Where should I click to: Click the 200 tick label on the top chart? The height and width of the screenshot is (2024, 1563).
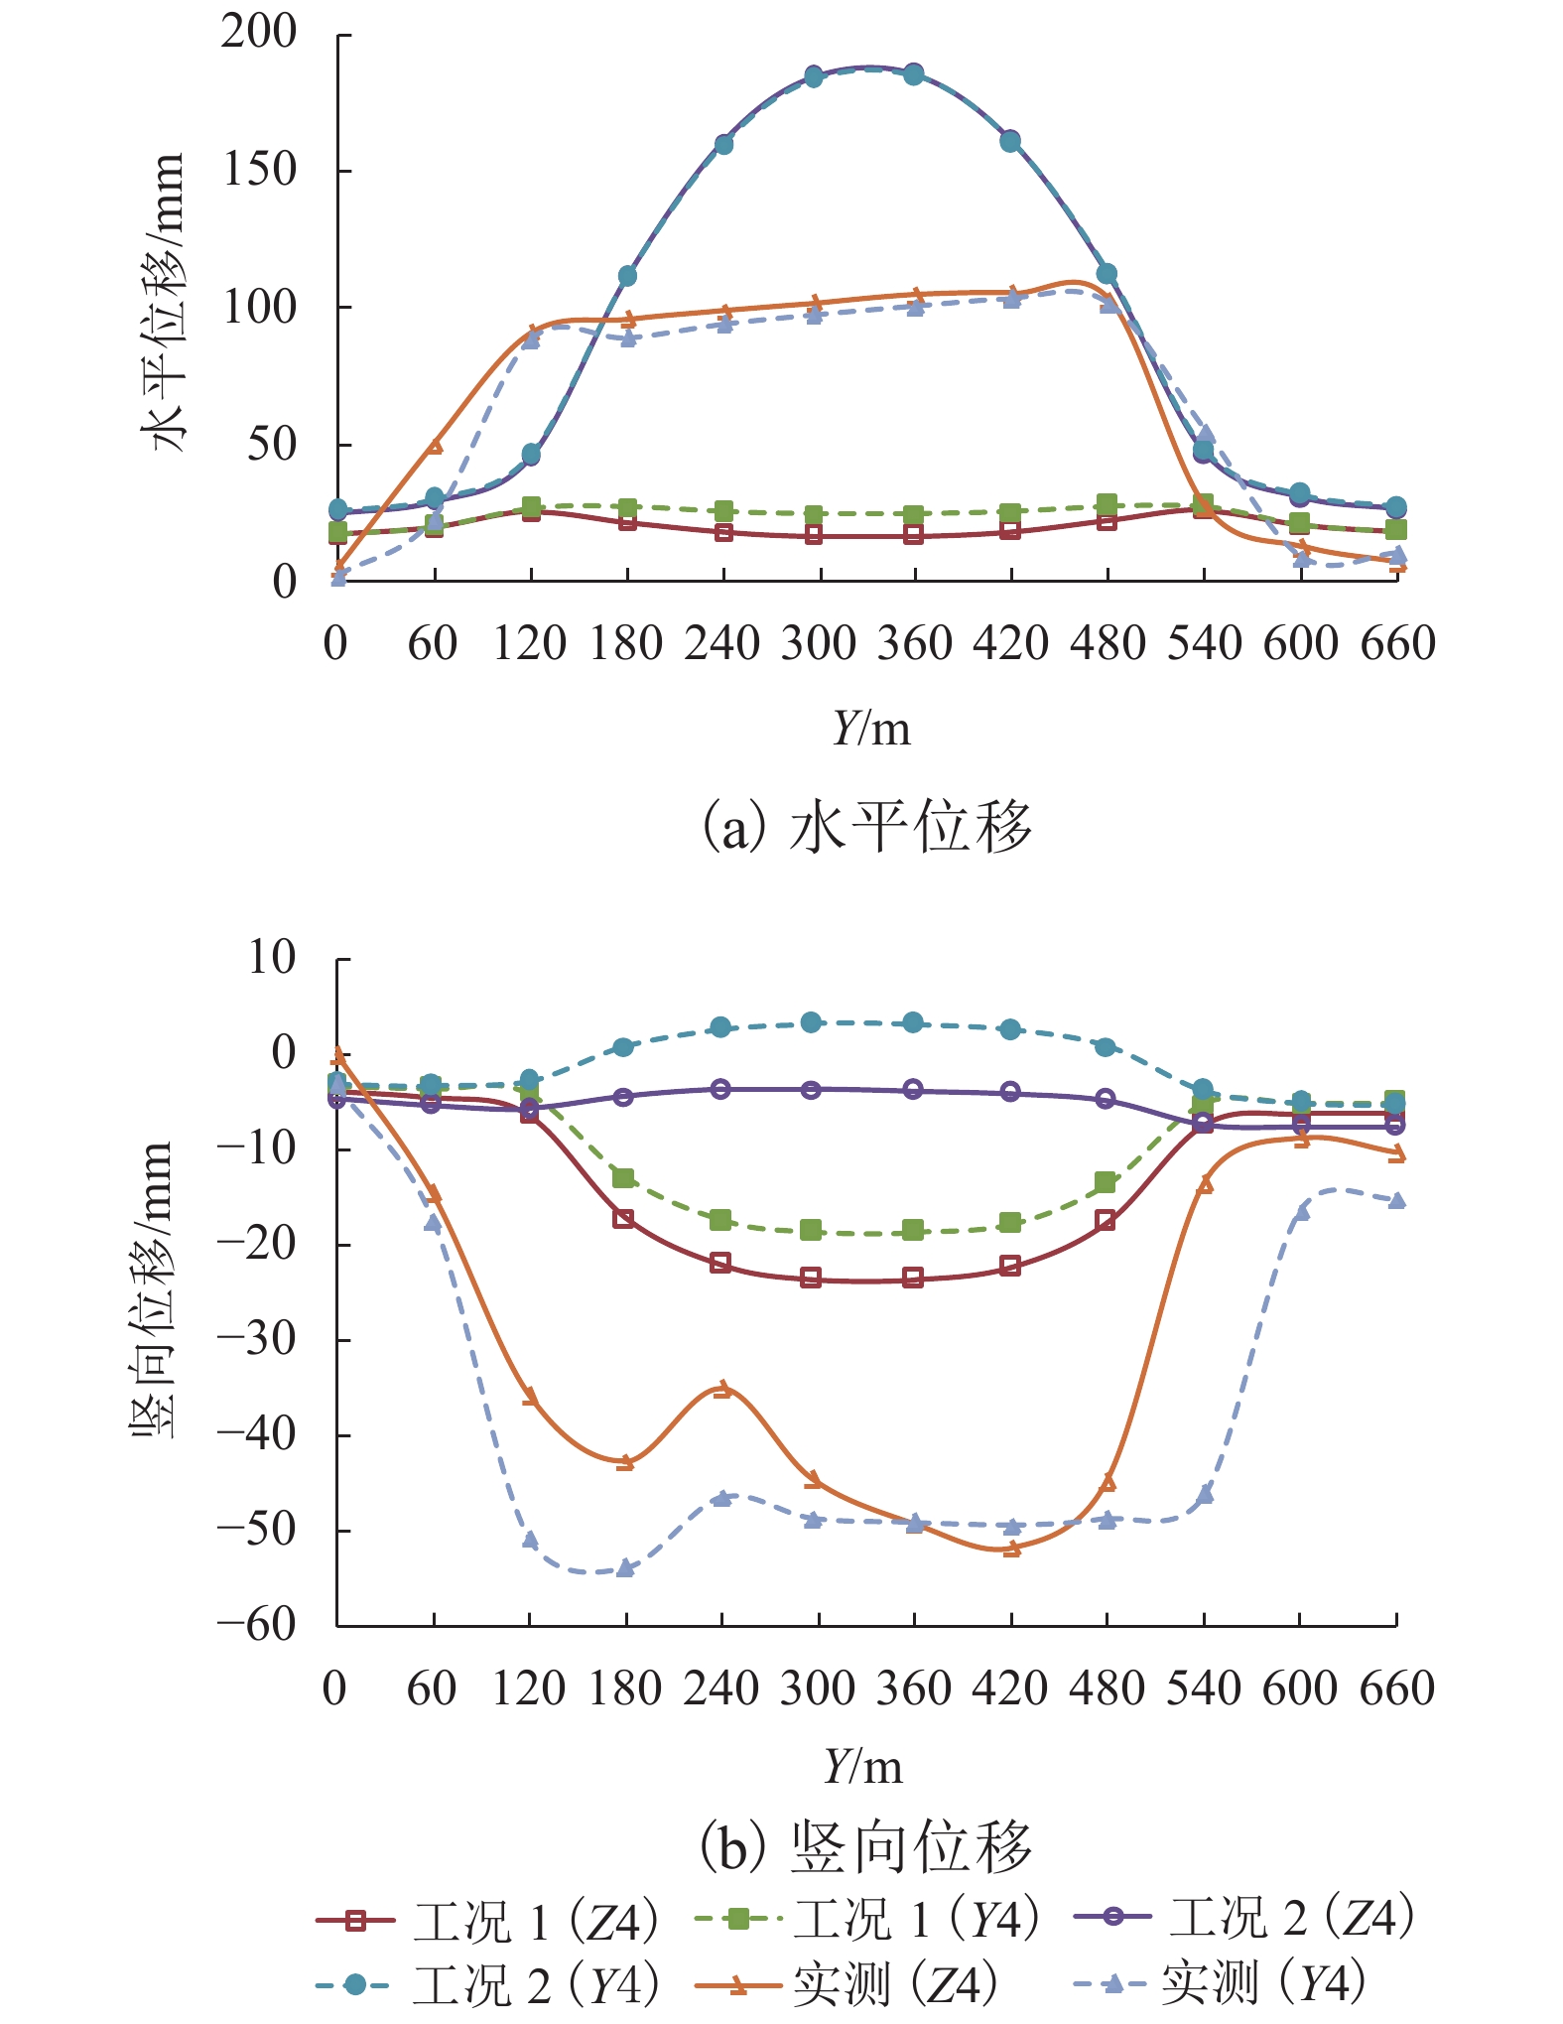click(x=258, y=34)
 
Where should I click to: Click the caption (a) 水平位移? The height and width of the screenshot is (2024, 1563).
click(x=866, y=827)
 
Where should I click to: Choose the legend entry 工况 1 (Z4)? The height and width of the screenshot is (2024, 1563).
click(x=486, y=1922)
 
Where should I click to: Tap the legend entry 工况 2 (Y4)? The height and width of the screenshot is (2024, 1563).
click(x=486, y=1984)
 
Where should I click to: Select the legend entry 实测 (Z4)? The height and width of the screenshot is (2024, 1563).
click(x=846, y=1984)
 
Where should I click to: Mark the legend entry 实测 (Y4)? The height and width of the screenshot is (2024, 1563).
click(x=1221, y=1984)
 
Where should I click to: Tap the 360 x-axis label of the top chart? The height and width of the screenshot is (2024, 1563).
click(x=915, y=644)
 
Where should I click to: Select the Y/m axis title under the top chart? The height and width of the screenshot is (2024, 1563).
click(x=870, y=730)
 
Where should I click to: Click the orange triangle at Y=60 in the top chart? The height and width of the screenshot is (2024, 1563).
click(x=435, y=447)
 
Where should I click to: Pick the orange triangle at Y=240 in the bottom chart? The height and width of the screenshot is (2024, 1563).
click(x=722, y=1389)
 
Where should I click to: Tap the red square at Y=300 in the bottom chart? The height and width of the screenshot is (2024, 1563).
click(x=811, y=1278)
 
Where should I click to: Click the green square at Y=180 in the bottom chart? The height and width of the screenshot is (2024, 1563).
click(x=623, y=1178)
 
